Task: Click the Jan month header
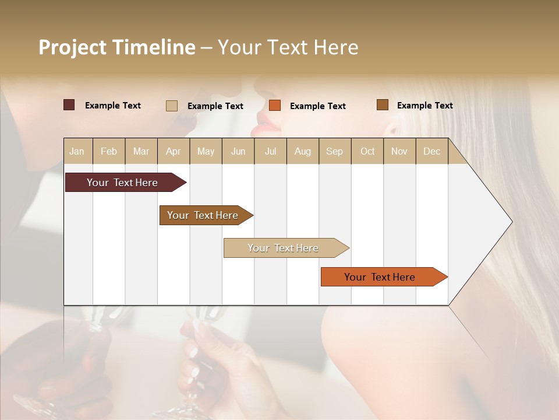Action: pyautogui.click(x=77, y=151)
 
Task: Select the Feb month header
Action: pyautogui.click(x=109, y=151)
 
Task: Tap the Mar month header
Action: pyautogui.click(x=141, y=151)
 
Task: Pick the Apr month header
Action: pyautogui.click(x=173, y=151)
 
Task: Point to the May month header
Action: pyautogui.click(x=206, y=151)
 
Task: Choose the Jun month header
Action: pyautogui.click(x=238, y=151)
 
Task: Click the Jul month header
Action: pyautogui.click(x=270, y=151)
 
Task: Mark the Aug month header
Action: pyautogui.click(x=303, y=151)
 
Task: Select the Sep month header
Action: pyautogui.click(x=335, y=151)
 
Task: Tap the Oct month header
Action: pyautogui.click(x=367, y=151)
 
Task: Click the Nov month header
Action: pyautogui.click(x=399, y=151)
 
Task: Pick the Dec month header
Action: pyautogui.click(x=432, y=151)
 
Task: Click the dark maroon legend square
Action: pyautogui.click(x=69, y=105)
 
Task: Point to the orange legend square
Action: pyautogui.click(x=275, y=106)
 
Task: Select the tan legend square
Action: pyautogui.click(x=172, y=106)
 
